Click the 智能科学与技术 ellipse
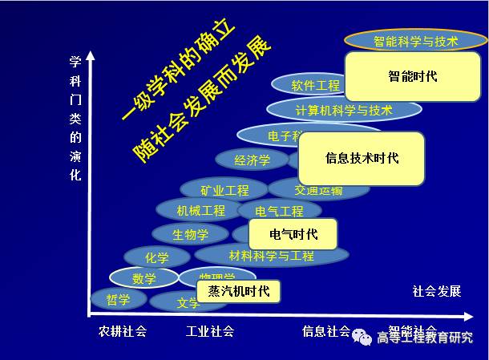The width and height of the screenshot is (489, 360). [415, 40]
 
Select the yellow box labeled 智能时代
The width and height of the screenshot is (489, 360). [412, 76]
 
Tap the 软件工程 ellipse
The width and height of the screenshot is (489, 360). [314, 85]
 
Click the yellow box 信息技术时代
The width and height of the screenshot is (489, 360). [362, 157]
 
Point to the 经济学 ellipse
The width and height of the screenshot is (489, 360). [252, 160]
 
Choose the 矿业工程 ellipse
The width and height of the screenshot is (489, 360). [224, 190]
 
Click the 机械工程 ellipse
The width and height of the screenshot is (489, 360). [201, 211]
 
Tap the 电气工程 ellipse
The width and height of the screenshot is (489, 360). [280, 212]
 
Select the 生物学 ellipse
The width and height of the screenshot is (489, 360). [191, 235]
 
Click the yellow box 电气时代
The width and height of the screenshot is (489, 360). [293, 234]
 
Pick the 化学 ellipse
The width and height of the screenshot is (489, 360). [157, 257]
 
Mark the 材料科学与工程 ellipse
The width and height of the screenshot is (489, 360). [272, 256]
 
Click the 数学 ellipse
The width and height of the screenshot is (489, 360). [144, 278]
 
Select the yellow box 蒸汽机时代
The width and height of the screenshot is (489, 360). [239, 290]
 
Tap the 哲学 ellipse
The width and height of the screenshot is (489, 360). [119, 299]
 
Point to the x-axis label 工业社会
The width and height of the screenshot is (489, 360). [210, 330]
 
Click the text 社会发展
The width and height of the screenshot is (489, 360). [437, 291]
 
